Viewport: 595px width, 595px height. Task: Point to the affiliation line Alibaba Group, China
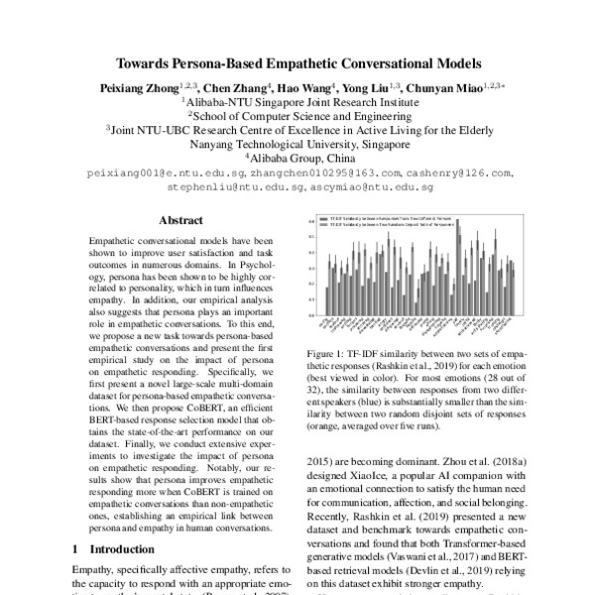(x=297, y=157)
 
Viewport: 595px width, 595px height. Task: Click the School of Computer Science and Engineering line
(x=297, y=113)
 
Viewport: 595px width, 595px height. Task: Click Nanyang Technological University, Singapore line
(x=297, y=142)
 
